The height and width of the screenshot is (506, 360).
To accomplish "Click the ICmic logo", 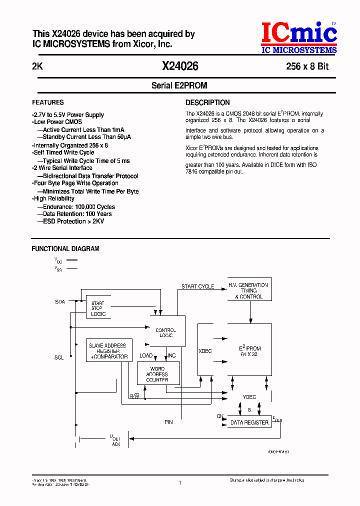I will [x=299, y=37].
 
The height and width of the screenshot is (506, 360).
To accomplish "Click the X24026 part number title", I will [x=180, y=66].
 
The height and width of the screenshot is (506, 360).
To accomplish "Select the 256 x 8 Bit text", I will [x=307, y=66].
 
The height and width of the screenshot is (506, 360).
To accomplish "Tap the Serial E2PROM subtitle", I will [x=179, y=85].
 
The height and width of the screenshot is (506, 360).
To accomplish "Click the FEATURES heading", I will [x=48, y=102].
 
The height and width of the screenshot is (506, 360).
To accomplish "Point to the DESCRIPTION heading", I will [x=207, y=102].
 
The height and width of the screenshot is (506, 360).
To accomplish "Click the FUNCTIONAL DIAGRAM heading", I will [x=65, y=248].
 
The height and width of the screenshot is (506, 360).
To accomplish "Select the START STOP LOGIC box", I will [x=98, y=309].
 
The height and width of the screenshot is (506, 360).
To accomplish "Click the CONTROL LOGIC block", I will [x=167, y=332].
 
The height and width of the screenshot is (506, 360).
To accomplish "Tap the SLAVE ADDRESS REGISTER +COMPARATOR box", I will [x=108, y=351].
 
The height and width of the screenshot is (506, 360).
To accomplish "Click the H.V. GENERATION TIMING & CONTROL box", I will [x=249, y=290].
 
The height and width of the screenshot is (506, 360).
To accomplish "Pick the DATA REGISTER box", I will [x=249, y=422].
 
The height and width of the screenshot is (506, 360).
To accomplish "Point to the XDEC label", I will [x=205, y=351].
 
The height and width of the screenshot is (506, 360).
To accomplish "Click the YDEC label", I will [x=249, y=397].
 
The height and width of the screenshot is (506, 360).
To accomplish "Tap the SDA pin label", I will [x=60, y=302].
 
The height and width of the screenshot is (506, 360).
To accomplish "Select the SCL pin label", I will [x=59, y=357].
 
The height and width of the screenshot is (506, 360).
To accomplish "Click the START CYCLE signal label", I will [x=197, y=286].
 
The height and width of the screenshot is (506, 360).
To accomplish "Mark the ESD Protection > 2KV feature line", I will [x=73, y=221].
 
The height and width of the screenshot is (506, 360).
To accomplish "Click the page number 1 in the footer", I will [x=179, y=482].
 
